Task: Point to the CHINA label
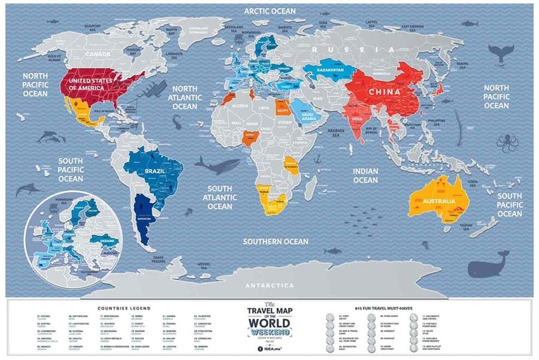pyautogui.click(x=385, y=92)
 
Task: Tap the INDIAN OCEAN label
pyautogui.click(x=365, y=176)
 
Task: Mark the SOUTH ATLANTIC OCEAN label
pyautogui.click(x=220, y=197)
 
